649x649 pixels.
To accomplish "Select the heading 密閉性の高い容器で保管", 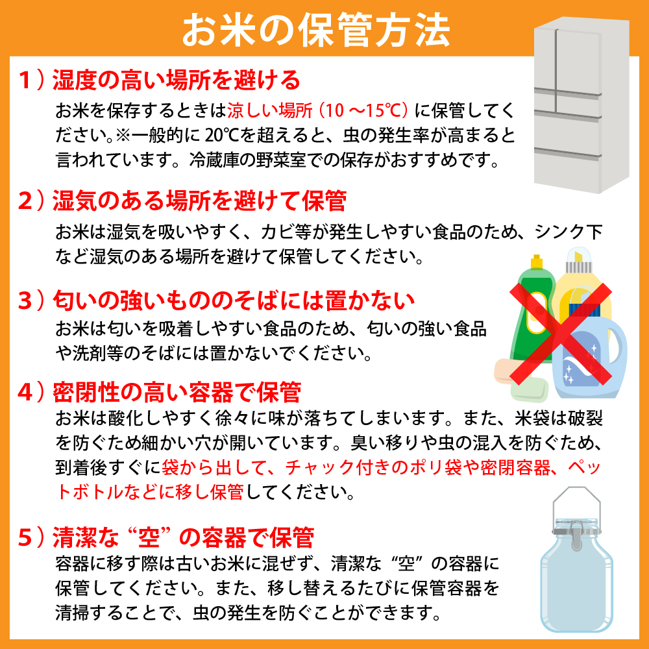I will [x=176, y=392].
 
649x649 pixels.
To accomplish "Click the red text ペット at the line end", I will [x=587, y=467].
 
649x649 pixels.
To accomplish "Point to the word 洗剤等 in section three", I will [x=98, y=354].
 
